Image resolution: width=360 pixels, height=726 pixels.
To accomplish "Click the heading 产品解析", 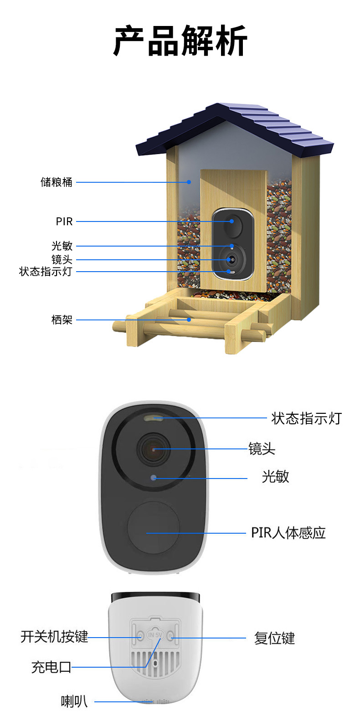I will [180, 41].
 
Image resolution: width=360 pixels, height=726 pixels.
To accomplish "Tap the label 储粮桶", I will [57, 182].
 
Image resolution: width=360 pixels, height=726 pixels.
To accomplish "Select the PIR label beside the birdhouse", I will [64, 221].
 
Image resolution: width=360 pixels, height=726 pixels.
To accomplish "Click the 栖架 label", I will [62, 320].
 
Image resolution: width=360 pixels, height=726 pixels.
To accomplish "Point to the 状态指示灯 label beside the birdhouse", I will [46, 272].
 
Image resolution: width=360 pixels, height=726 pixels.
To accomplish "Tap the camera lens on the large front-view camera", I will [154, 449].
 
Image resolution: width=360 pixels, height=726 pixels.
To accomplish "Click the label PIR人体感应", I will [288, 533].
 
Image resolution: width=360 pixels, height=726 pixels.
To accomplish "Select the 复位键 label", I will [274, 638].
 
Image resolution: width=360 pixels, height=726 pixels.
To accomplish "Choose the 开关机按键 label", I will [54, 637].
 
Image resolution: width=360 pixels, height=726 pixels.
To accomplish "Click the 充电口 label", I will [51, 667].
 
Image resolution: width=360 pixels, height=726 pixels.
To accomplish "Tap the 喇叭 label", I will [74, 701].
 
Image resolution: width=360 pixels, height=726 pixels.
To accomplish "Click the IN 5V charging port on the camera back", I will [155, 635].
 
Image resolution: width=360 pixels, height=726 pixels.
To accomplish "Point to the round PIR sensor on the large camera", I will [154, 528].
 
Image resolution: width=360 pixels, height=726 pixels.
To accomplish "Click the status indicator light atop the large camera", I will [154, 417].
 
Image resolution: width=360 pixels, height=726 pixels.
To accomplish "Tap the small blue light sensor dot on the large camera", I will [154, 478].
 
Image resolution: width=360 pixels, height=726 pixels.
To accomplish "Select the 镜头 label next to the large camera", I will [262, 449].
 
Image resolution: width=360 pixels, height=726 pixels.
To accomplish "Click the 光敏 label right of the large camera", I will [275, 477].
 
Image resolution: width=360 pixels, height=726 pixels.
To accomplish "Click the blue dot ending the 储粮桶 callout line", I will [189, 182].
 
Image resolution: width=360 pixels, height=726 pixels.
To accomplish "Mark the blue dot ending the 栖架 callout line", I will [189, 320].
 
